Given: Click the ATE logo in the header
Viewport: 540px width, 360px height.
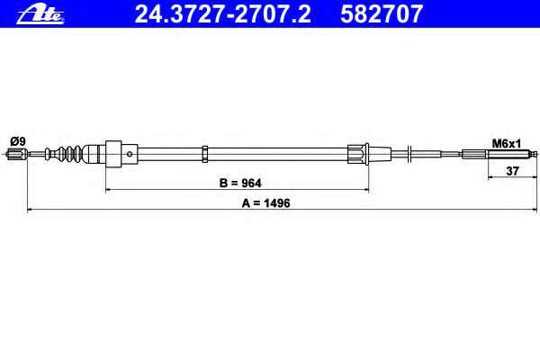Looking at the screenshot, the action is (40, 14).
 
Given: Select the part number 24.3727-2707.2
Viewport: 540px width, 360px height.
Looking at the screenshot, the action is (222, 14).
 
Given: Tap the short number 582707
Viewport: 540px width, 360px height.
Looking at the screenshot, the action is (382, 14).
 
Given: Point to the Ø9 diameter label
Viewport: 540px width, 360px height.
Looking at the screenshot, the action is (18, 141).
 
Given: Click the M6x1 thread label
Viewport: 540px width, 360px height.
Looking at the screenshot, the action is (506, 143).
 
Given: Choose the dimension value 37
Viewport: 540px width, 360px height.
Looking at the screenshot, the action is (512, 170).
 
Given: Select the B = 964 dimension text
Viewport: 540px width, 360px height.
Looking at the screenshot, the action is (240, 183).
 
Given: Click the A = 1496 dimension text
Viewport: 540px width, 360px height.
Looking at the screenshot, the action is (265, 203).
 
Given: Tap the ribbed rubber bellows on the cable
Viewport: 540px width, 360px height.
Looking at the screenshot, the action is (69, 154).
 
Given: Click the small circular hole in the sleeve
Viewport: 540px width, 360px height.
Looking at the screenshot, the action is (130, 154).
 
